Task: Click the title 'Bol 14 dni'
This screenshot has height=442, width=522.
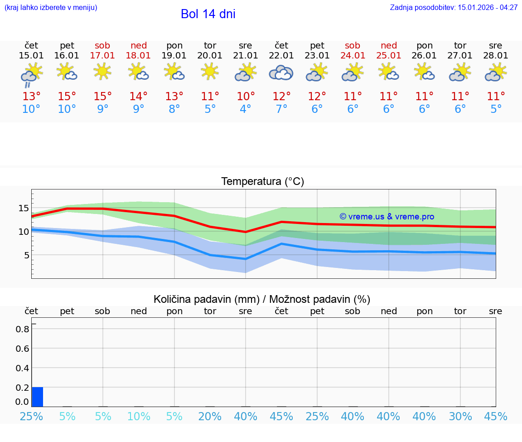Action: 208,14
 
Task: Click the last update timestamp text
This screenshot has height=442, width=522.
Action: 454,8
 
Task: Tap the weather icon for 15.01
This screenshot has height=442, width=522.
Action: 31,73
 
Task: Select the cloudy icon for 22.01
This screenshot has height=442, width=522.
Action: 281,73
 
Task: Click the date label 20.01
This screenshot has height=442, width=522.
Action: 210,56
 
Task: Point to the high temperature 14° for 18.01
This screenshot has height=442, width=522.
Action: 139,96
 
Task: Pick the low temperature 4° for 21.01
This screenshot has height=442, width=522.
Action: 246,109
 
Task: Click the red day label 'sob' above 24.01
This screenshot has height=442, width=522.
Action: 353,45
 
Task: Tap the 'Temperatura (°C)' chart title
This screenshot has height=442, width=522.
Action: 262,181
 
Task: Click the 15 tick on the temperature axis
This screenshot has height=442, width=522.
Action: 24,208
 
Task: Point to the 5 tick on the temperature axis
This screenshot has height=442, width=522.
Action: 26,255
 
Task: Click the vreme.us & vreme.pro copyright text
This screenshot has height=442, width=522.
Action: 387,217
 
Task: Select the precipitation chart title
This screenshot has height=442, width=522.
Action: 262,299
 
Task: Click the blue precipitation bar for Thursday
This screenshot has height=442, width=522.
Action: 38,397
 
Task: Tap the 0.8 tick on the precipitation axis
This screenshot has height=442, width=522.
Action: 23,329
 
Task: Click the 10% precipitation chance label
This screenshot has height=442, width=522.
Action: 139,416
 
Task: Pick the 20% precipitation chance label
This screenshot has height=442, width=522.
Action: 210,416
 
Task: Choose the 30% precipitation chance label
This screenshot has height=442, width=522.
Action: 460,416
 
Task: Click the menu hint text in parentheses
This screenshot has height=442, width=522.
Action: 51,8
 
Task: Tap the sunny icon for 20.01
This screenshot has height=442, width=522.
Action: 210,71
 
